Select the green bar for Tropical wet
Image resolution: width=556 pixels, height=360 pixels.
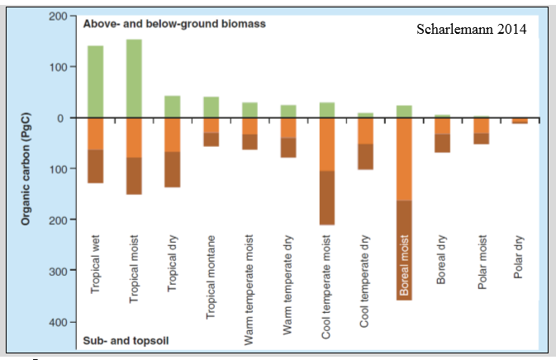96,81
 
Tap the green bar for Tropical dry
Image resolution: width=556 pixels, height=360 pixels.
173,107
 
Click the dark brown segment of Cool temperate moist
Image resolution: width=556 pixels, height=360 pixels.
326,197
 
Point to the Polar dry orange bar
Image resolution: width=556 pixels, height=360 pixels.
519,121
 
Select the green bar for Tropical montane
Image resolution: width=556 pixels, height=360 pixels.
211,107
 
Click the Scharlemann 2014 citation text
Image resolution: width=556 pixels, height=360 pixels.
473,31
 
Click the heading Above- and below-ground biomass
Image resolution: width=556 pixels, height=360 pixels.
174,24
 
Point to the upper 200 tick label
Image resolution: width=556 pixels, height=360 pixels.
56,17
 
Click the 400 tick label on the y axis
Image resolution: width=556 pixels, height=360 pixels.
56,323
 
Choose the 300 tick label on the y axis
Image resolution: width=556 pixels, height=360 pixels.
56,272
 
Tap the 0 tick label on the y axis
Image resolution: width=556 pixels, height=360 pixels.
61,118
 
